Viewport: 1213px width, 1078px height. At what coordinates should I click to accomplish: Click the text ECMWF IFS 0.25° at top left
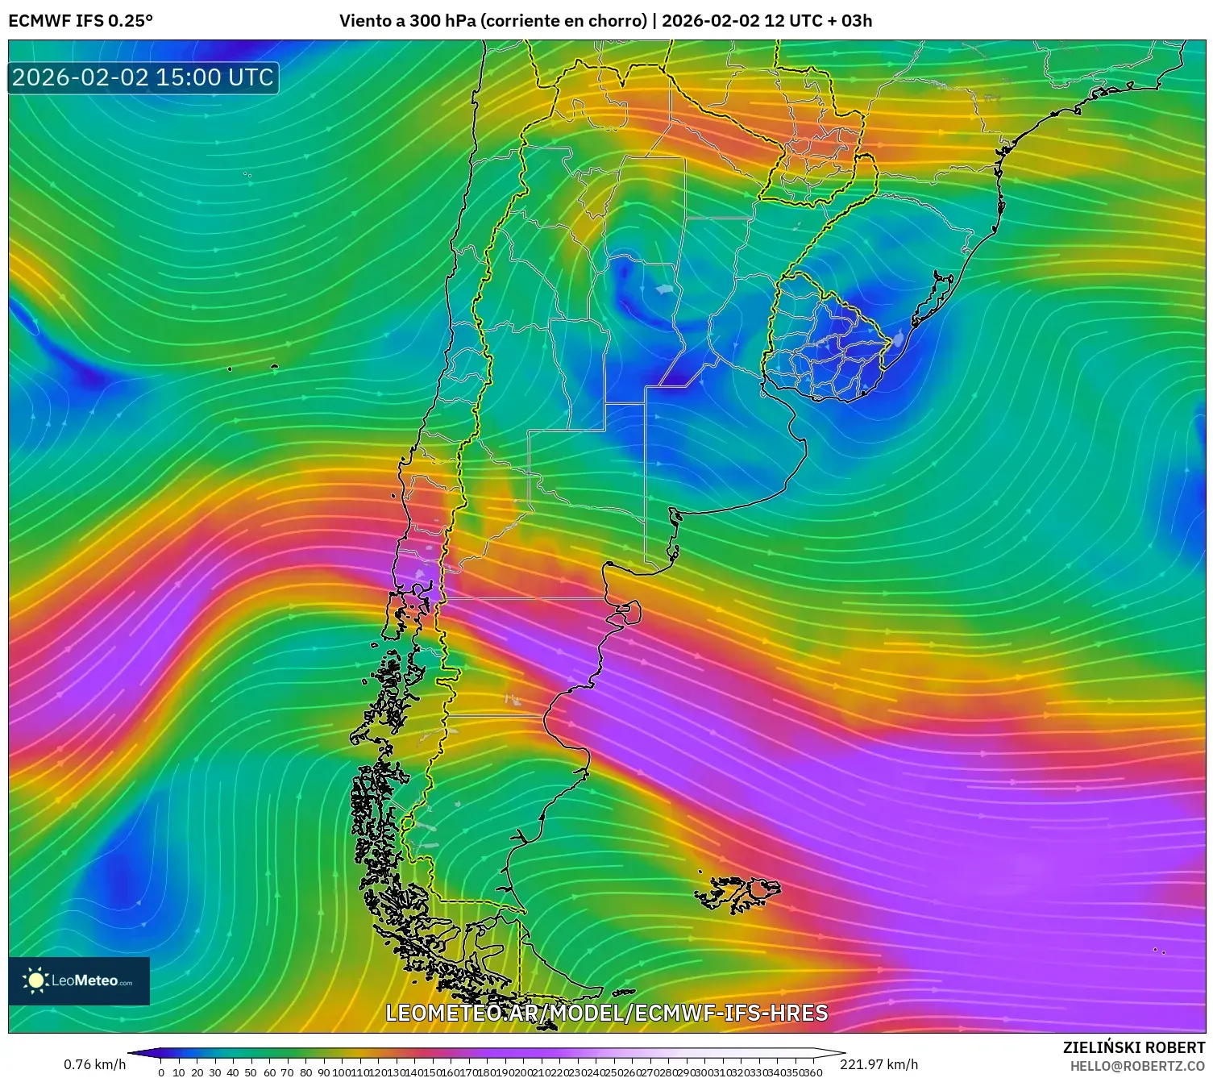click(x=81, y=21)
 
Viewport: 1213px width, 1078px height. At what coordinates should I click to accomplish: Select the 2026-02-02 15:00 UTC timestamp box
click(x=143, y=78)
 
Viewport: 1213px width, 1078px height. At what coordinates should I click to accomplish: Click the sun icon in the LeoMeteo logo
click(x=35, y=980)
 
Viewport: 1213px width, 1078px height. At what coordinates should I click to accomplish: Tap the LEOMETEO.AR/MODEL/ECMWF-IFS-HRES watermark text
click(x=606, y=1013)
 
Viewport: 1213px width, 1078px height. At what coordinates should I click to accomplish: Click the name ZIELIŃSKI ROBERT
click(x=1133, y=1047)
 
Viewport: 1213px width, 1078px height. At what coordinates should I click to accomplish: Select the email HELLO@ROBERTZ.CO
click(x=1136, y=1066)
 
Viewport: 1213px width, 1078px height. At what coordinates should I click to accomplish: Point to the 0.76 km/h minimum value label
click(x=95, y=1064)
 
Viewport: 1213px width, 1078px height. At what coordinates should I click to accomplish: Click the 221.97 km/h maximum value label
click(x=879, y=1064)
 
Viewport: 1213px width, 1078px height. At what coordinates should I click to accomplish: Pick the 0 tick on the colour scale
click(x=161, y=1072)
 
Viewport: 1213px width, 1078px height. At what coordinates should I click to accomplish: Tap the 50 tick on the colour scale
click(x=251, y=1072)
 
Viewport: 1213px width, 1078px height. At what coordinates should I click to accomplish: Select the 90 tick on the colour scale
click(x=323, y=1072)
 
